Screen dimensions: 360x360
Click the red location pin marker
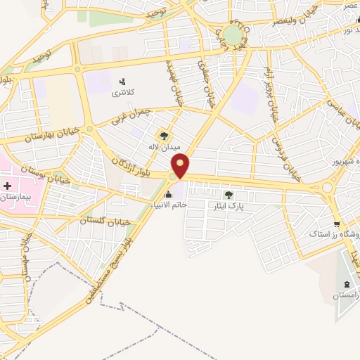(x=181, y=166)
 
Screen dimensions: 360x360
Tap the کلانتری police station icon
(x=123, y=82)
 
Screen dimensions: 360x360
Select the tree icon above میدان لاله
(x=164, y=136)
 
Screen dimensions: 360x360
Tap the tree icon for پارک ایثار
(x=228, y=195)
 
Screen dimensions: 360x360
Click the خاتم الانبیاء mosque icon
(x=168, y=195)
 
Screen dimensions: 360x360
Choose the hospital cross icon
(x=8, y=186)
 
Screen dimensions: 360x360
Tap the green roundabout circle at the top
(x=233, y=34)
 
